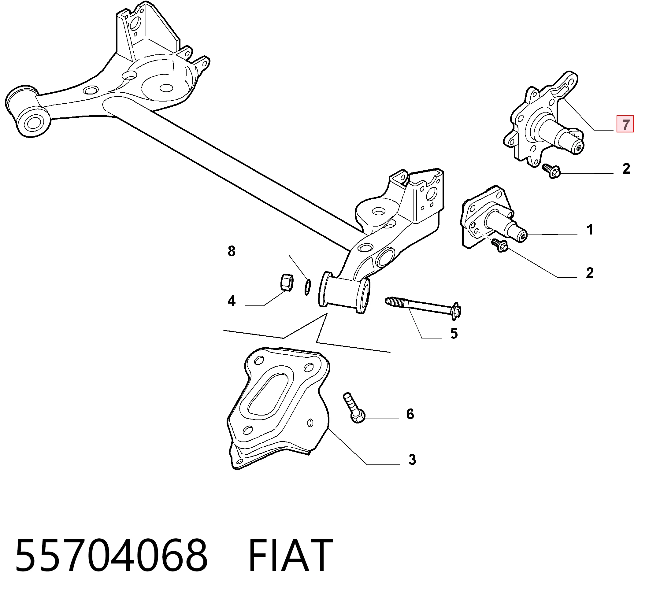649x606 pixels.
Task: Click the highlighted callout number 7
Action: pyautogui.click(x=625, y=124)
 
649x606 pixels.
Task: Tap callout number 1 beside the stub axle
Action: pyautogui.click(x=589, y=230)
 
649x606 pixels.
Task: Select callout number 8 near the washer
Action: pyautogui.click(x=232, y=251)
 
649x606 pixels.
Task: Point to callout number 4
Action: pyautogui.click(x=232, y=301)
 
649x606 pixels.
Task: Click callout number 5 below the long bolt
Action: pyautogui.click(x=454, y=334)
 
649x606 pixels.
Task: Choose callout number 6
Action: pyautogui.click(x=410, y=414)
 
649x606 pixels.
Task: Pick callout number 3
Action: pyautogui.click(x=412, y=460)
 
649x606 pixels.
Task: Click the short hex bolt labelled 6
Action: pyautogui.click(x=354, y=408)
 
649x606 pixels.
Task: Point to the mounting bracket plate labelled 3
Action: pyautogui.click(x=278, y=408)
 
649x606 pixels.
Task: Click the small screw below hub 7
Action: pyautogui.click(x=551, y=171)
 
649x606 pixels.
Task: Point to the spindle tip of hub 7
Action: pyautogui.click(x=578, y=148)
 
